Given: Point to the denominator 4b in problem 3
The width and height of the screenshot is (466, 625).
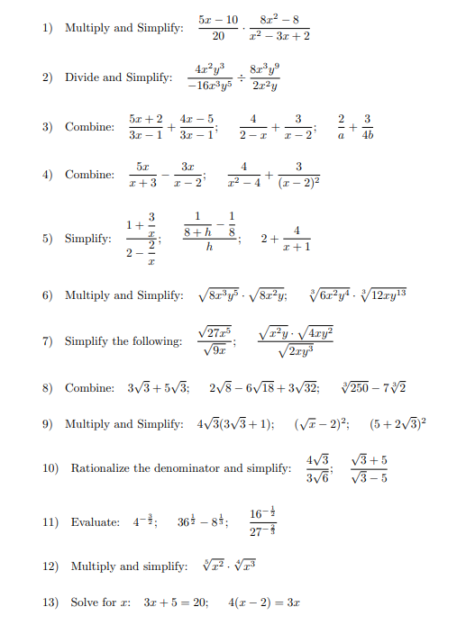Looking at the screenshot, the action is click(368, 135).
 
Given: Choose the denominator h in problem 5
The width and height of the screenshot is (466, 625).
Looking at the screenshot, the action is click(208, 249).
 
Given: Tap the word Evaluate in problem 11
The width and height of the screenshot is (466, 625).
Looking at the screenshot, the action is click(96, 522).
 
